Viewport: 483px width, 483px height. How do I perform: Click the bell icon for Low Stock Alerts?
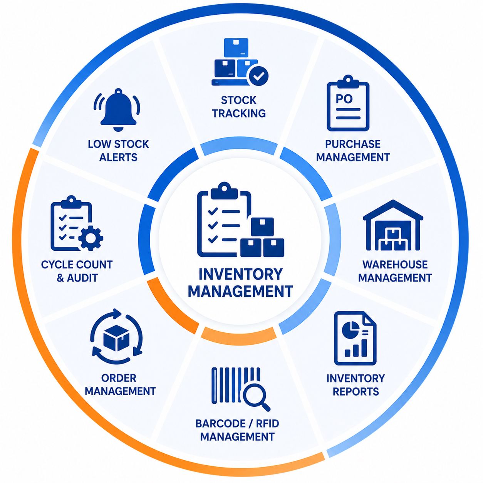pyautogui.click(x=118, y=110)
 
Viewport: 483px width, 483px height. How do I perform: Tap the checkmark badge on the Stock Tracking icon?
pyautogui.click(x=257, y=75)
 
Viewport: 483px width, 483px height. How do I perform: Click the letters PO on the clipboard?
pyautogui.click(x=344, y=99)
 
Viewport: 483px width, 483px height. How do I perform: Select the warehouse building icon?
pyautogui.click(x=393, y=225)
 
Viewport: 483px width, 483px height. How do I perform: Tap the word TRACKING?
pyautogui.click(x=239, y=114)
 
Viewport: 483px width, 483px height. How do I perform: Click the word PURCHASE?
pyautogui.click(x=353, y=144)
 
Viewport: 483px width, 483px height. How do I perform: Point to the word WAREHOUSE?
pyautogui.click(x=395, y=265)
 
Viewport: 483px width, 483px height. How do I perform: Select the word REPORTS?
pyautogui.click(x=356, y=391)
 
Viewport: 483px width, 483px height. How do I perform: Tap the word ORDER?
pyautogui.click(x=119, y=378)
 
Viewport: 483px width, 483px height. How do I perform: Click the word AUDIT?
pyautogui.click(x=82, y=278)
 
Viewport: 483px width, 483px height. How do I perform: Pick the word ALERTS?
pyautogui.click(x=118, y=158)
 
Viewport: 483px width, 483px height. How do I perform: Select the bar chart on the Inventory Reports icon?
pyautogui.click(x=356, y=348)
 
